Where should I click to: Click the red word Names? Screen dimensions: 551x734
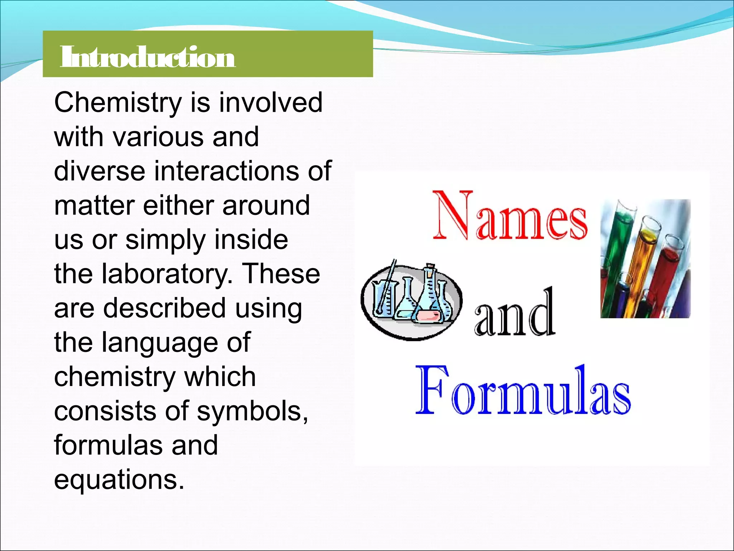[x=510, y=217]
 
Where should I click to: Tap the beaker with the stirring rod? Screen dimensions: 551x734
[x=383, y=298]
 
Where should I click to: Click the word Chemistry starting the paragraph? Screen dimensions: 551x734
[x=118, y=103]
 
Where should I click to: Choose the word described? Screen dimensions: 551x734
[x=165, y=308]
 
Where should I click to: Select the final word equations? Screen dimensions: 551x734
[x=119, y=480]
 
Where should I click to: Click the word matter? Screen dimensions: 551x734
[x=94, y=206]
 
